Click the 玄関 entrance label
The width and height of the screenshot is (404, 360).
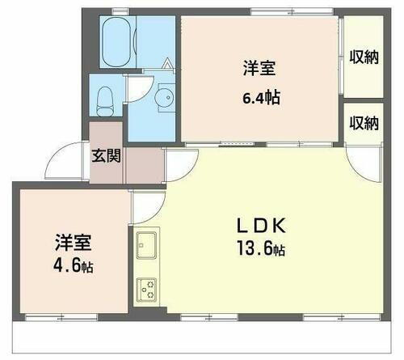point(106,156)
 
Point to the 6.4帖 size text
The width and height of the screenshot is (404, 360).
point(262,97)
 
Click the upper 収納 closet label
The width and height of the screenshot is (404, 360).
point(364,57)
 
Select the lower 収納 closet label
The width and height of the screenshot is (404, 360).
point(364,124)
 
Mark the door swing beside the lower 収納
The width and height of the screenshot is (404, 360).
point(356,159)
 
